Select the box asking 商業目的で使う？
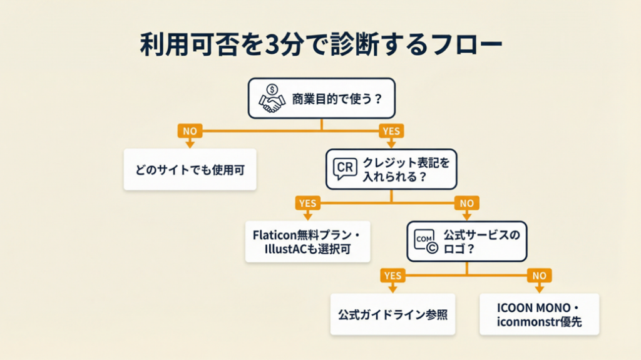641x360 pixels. point(322,98)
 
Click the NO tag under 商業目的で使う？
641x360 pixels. point(189,131)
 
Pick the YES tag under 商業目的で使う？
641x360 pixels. point(391,131)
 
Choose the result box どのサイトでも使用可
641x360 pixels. point(190,170)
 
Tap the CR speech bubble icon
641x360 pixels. point(346,168)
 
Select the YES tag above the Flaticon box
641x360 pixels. point(307,203)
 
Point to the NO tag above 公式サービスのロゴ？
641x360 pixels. point(466,203)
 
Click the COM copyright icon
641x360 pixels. point(425,241)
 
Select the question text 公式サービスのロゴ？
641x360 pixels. point(481,241)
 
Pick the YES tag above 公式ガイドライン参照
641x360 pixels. point(392,275)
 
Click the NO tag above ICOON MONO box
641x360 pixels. point(540,275)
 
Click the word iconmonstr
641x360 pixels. point(524,322)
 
